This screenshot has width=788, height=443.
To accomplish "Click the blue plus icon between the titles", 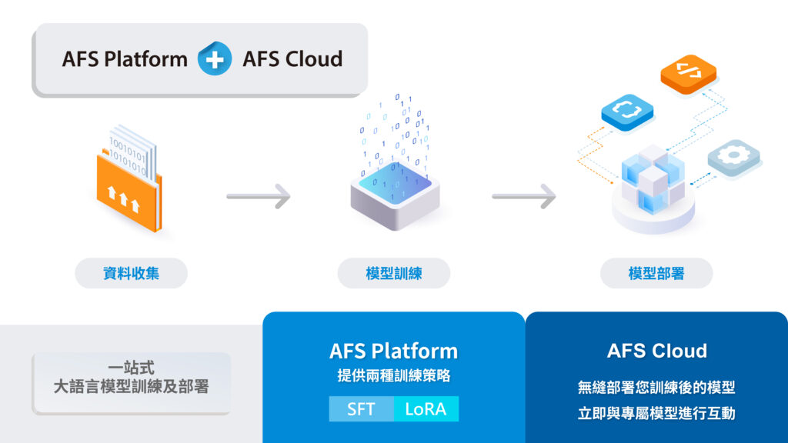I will [x=215, y=59].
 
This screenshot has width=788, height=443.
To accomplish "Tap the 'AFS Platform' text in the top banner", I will [x=125, y=59].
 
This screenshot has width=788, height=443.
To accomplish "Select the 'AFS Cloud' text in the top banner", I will [x=292, y=59].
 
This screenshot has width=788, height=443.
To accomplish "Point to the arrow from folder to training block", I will [x=259, y=196].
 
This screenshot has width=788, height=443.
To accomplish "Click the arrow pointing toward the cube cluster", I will [x=524, y=196].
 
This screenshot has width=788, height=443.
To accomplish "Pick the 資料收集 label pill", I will [x=131, y=273].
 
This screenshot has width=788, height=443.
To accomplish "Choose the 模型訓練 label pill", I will [x=394, y=273].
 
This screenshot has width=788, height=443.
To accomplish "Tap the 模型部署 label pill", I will [x=656, y=273].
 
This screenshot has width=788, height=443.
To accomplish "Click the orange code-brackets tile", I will [x=689, y=74].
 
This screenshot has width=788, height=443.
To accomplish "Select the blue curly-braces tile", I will [x=627, y=110].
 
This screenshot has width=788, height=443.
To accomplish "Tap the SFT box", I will [x=361, y=409].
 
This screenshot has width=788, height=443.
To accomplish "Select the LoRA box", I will [x=426, y=409].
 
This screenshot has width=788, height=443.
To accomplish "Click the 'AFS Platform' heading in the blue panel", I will [x=393, y=351].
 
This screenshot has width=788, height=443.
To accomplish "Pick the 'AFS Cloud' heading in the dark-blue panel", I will [x=656, y=351].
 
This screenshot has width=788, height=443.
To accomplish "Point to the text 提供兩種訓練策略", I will [x=393, y=377].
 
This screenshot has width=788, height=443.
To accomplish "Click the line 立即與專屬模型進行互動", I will [x=656, y=414].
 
